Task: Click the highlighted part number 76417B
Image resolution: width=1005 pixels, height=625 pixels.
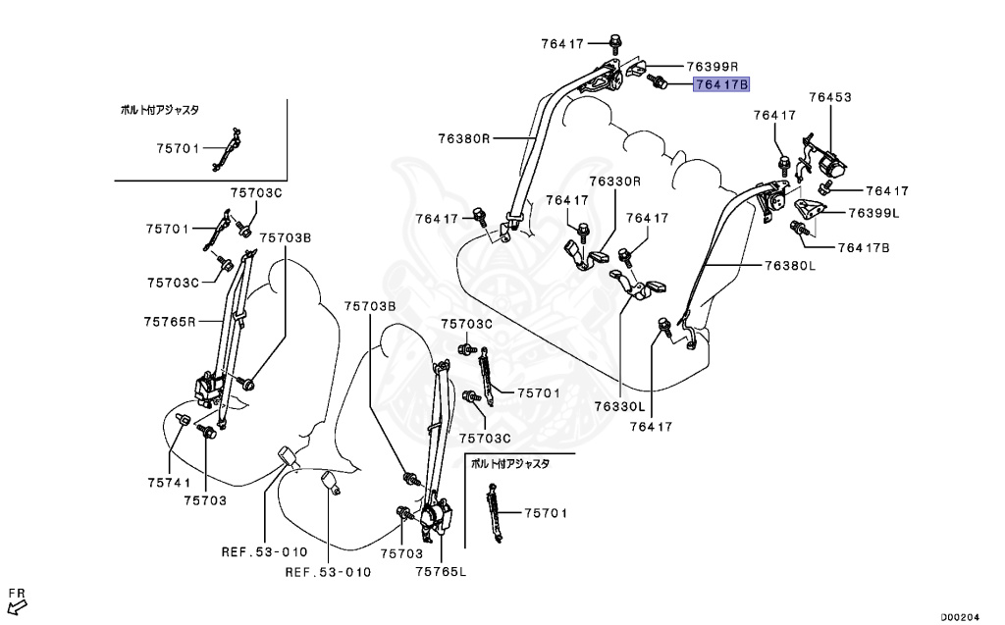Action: (721, 85)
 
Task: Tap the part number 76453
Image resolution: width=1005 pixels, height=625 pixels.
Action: (830, 97)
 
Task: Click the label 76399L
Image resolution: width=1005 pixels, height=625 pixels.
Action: (874, 212)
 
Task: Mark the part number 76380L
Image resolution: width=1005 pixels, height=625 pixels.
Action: (790, 265)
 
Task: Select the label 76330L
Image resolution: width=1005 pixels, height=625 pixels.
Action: (618, 405)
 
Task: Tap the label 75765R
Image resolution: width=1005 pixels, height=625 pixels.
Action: (170, 321)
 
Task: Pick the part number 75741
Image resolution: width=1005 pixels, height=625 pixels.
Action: (169, 482)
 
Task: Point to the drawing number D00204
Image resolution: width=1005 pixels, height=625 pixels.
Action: (961, 617)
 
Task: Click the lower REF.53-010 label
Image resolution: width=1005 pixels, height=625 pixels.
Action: (328, 572)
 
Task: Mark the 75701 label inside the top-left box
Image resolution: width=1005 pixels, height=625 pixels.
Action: (178, 148)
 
